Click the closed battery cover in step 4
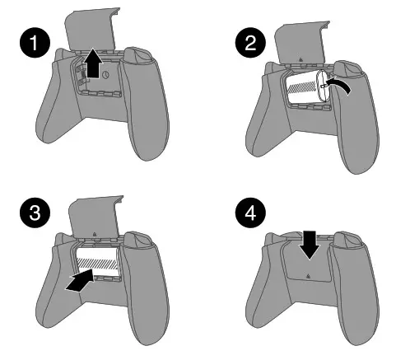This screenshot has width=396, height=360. [305, 264]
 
